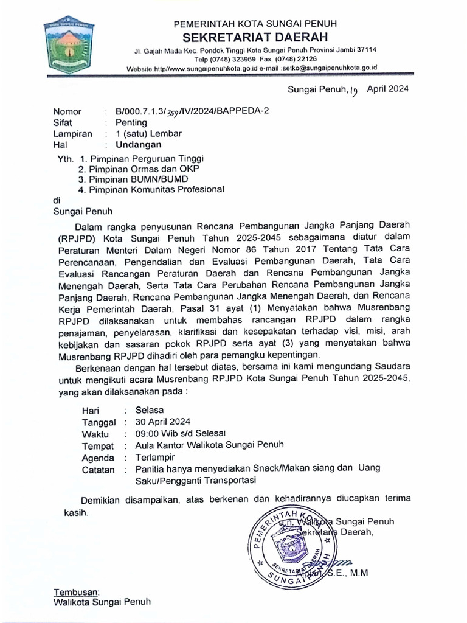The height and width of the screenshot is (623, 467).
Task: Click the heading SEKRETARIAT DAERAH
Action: [x=255, y=37]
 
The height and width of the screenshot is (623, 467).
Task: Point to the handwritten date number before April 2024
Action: [x=355, y=91]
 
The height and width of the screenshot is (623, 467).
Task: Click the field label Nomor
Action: [x=67, y=112]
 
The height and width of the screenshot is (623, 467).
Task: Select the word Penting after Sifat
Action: [x=131, y=123]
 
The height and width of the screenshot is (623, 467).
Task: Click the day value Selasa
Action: [x=150, y=410]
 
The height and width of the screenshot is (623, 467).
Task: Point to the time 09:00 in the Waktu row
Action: [x=147, y=433]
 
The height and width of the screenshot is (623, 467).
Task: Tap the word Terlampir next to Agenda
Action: [x=154, y=458]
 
